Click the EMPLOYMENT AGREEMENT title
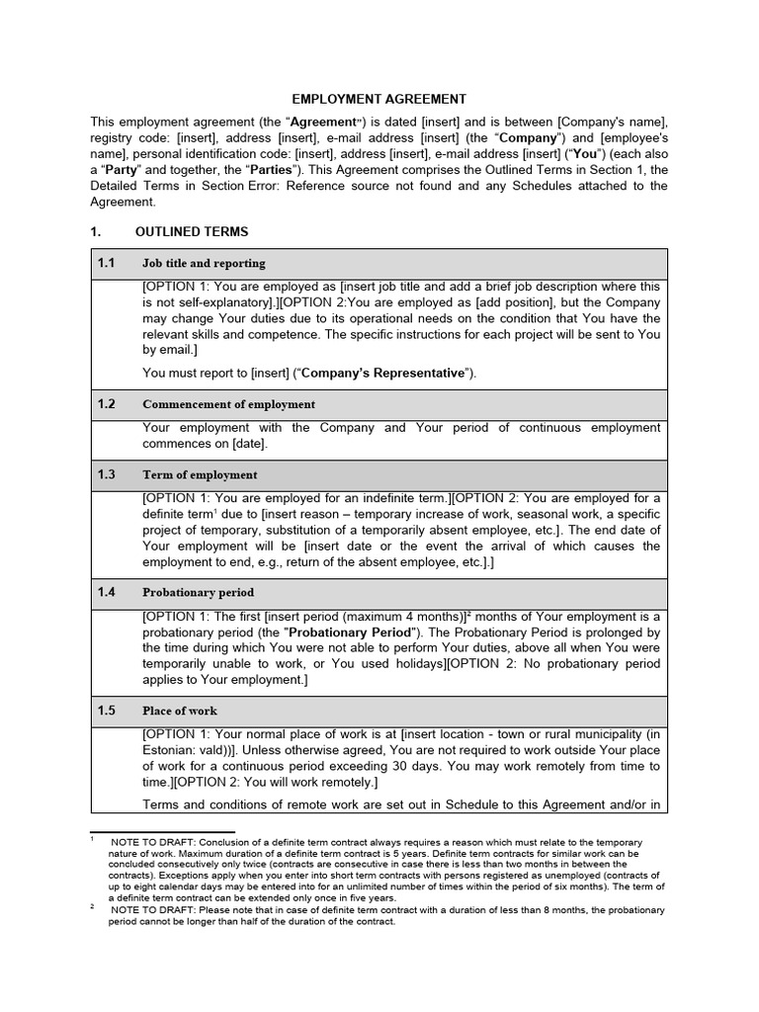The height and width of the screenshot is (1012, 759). click(x=379, y=99)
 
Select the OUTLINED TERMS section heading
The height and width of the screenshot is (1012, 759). click(x=192, y=231)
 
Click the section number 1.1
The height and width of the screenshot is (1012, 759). click(x=107, y=264)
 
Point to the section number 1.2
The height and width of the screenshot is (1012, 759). click(x=107, y=404)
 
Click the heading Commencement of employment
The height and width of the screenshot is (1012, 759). click(x=229, y=404)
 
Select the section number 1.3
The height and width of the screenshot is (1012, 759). click(x=107, y=474)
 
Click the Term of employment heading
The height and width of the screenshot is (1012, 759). click(x=200, y=475)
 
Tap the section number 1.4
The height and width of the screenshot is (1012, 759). click(x=107, y=592)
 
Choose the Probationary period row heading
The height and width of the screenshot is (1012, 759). click(x=199, y=593)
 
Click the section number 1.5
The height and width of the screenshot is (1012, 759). click(x=107, y=711)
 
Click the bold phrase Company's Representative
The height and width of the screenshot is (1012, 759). click(x=382, y=373)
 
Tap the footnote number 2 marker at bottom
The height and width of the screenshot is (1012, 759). click(x=92, y=906)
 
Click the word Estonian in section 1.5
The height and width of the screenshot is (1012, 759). click(x=171, y=750)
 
